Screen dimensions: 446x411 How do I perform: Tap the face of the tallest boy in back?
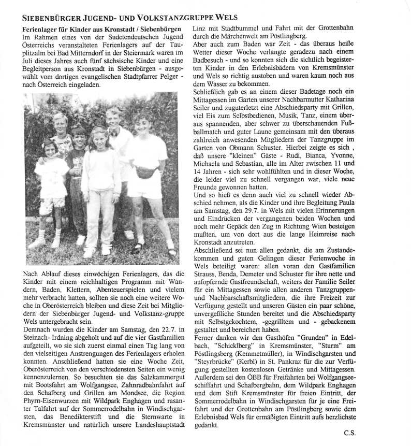click(x=113, y=118)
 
